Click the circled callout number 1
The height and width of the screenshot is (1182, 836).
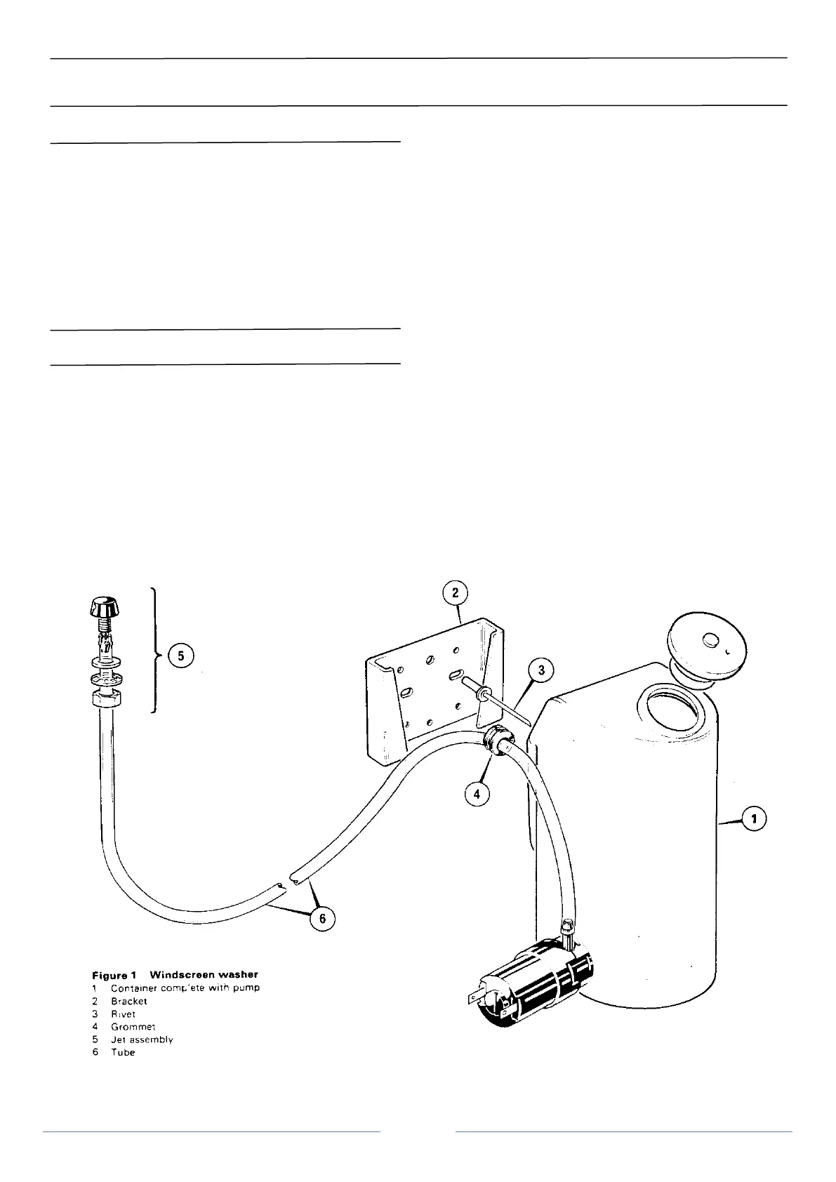(754, 818)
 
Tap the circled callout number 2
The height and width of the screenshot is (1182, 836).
(455, 593)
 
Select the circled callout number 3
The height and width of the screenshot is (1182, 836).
(541, 671)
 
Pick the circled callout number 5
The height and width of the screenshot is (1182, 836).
(180, 656)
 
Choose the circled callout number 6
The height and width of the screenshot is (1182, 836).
(322, 919)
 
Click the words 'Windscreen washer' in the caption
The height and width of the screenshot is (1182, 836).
(204, 974)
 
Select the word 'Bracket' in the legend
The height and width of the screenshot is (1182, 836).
(129, 1001)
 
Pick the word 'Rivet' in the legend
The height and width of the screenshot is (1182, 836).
(124, 1014)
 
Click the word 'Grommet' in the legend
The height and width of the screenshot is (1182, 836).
(133, 1026)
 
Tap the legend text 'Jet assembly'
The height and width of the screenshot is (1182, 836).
(142, 1039)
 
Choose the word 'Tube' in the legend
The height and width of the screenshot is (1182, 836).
(123, 1052)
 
